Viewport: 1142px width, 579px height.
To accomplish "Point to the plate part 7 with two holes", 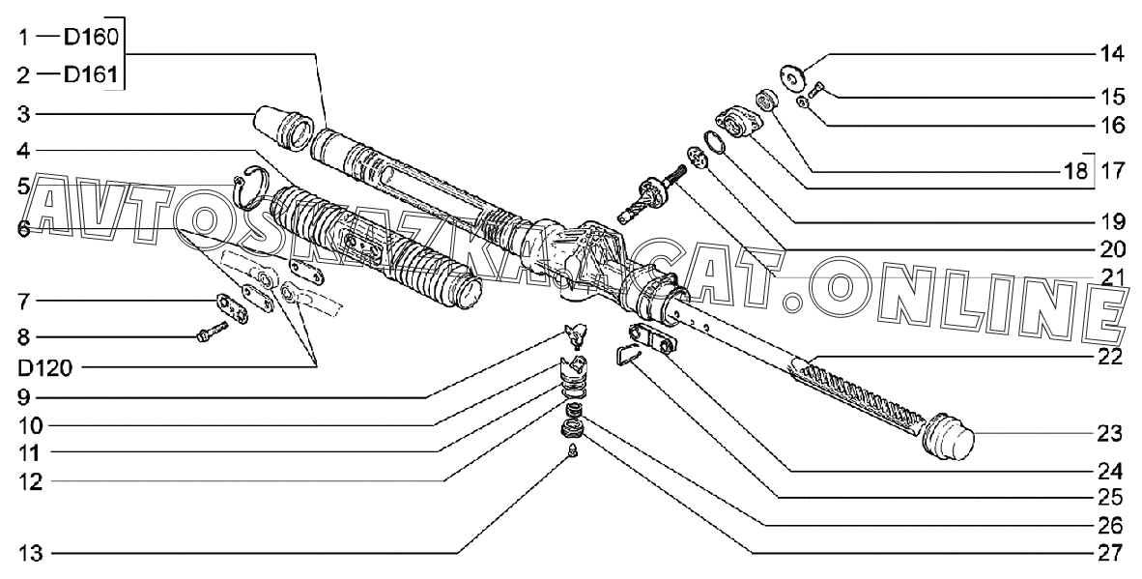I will pyautogui.click(x=235, y=305).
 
